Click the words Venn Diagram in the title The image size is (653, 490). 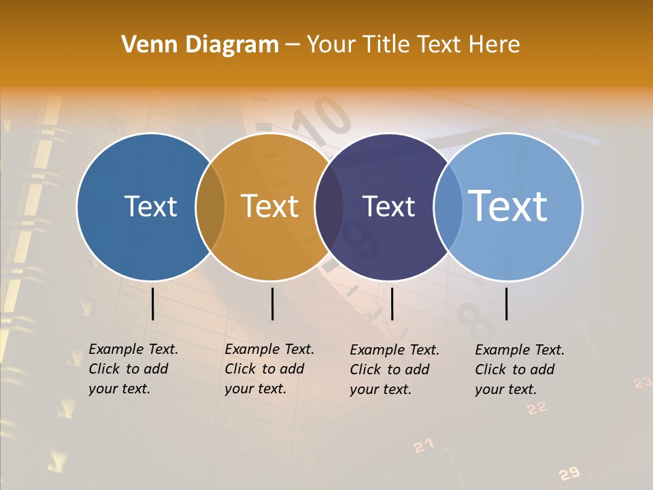pyautogui.click(x=200, y=45)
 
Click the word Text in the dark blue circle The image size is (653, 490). pyautogui.click(x=150, y=206)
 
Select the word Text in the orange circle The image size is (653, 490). pyautogui.click(x=270, y=206)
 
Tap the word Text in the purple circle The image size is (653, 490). pyautogui.click(x=388, y=206)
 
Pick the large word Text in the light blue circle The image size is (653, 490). pyautogui.click(x=507, y=206)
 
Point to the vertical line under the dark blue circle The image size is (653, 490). pyautogui.click(x=152, y=304)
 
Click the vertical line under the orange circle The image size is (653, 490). pyautogui.click(x=272, y=304)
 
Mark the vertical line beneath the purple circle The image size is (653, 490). pyautogui.click(x=392, y=304)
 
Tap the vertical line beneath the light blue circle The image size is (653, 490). pyautogui.click(x=507, y=304)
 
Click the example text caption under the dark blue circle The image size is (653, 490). pyautogui.click(x=133, y=369)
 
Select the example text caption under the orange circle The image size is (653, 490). pyautogui.click(x=269, y=369)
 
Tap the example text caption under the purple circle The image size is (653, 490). pyautogui.click(x=395, y=370)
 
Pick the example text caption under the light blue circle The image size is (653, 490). pyautogui.click(x=520, y=370)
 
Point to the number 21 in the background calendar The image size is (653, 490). pyautogui.click(x=423, y=446)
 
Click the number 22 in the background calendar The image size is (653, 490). pyautogui.click(x=537, y=408)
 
